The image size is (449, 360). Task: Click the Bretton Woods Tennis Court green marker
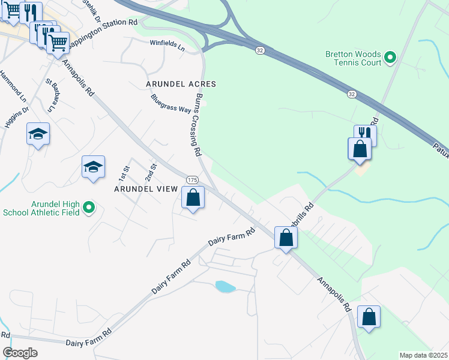(390, 58)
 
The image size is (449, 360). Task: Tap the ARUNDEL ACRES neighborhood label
(181, 84)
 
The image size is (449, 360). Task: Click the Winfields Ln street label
(167, 43)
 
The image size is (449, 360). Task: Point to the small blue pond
(225, 287)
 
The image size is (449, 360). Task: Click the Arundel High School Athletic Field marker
(89, 208)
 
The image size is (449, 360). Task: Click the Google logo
(20, 353)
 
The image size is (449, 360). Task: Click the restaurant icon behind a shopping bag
(366, 133)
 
